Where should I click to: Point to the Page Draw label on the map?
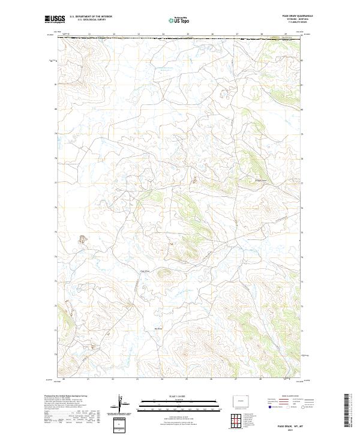pos(145,271)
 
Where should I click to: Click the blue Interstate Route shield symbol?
pos(270,407)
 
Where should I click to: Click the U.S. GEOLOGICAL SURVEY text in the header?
pos(92,21)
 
